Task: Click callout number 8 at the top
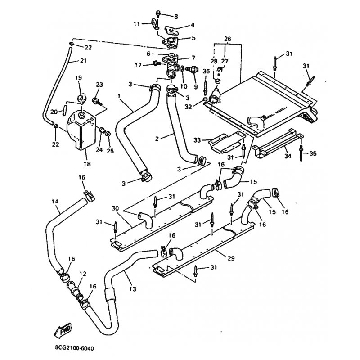click(x=176, y=17)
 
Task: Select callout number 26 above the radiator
click(x=228, y=39)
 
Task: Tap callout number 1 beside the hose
click(x=119, y=96)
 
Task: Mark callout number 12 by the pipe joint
click(x=82, y=273)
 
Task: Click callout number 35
click(x=313, y=153)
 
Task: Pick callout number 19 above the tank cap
click(x=78, y=78)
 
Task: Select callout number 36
click(x=206, y=71)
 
